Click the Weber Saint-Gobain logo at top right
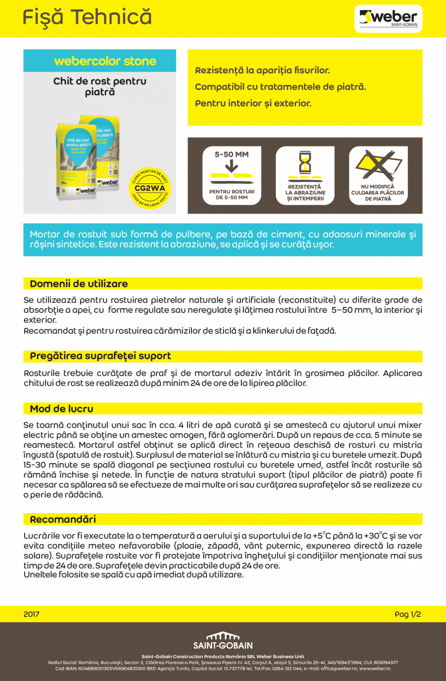coord(388,18)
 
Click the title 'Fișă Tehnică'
coord(87,17)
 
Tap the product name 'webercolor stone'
coord(105,61)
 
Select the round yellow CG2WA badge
coord(150,188)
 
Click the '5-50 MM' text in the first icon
coord(232,154)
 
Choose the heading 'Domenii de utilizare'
coord(79,284)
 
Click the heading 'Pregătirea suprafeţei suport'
coord(100,356)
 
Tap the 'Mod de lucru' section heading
coord(62,408)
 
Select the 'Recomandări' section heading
coord(63,519)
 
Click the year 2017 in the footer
coord(32,614)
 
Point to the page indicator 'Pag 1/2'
coord(407,614)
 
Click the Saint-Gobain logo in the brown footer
coord(223,641)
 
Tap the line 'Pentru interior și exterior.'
coord(253,103)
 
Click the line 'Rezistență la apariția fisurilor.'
coord(262,70)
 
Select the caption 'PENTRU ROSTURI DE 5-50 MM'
coord(232,195)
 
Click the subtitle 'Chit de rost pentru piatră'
coord(100,86)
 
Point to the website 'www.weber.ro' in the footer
coord(375,668)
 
